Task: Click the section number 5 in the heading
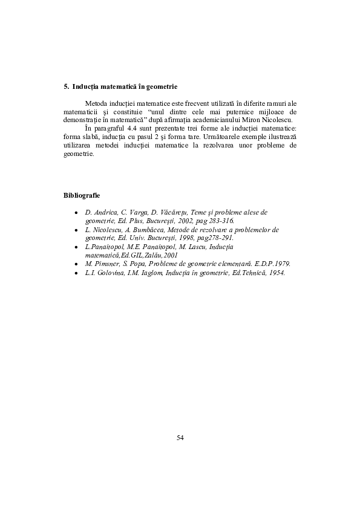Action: click(65, 87)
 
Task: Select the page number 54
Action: click(180, 437)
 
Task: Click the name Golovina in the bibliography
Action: click(108, 273)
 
